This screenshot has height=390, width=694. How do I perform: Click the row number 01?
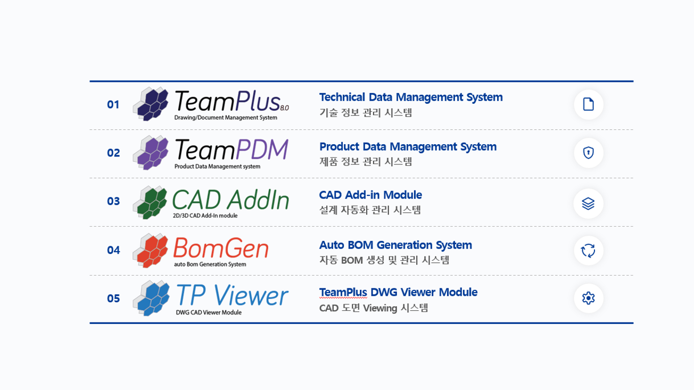(x=113, y=104)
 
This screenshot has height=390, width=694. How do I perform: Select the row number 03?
(x=113, y=201)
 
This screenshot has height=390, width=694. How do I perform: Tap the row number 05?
(x=113, y=298)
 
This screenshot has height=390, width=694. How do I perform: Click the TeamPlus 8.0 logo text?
(x=228, y=101)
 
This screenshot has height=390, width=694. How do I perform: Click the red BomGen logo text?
(x=220, y=247)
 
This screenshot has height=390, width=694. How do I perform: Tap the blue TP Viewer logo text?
(x=232, y=295)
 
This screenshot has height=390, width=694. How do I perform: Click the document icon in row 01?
(x=588, y=104)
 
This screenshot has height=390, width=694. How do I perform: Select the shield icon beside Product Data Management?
(x=588, y=153)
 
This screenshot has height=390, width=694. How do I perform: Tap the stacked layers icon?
(x=588, y=204)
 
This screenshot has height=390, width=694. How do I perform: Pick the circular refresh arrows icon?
(x=588, y=251)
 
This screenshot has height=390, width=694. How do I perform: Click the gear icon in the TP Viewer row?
(x=588, y=298)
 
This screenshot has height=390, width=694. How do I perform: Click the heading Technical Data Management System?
(x=410, y=97)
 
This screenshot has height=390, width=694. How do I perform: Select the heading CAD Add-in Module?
(x=370, y=195)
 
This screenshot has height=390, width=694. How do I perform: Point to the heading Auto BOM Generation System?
(x=395, y=245)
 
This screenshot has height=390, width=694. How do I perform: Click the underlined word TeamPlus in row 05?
(x=343, y=292)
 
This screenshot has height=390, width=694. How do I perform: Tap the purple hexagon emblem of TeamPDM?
(x=151, y=153)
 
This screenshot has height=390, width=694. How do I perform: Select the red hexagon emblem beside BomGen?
(x=151, y=250)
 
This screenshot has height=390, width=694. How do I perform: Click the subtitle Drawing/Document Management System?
(x=226, y=118)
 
